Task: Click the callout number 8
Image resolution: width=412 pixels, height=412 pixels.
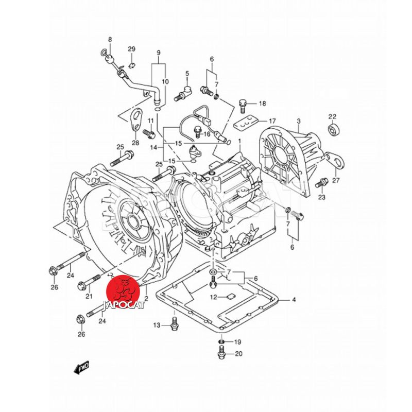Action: coord(109,40)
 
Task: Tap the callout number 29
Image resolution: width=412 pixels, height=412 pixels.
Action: coord(131,49)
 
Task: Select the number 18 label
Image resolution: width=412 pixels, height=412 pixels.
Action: coord(262,104)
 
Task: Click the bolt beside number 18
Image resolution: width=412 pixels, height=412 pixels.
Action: coord(244,105)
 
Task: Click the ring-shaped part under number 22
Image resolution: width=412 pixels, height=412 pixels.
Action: coord(333,130)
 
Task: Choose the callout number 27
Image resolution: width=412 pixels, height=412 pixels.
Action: coord(336,180)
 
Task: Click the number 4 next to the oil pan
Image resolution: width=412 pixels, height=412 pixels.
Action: coord(294,300)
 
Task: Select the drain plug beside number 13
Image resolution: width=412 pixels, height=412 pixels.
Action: coord(175,324)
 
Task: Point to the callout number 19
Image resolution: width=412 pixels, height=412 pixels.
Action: coord(237,342)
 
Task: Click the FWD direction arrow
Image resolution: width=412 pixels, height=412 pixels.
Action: coord(81,368)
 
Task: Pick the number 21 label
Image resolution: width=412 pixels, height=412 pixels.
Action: coord(89,296)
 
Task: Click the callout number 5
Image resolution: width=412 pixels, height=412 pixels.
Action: coord(187,74)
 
